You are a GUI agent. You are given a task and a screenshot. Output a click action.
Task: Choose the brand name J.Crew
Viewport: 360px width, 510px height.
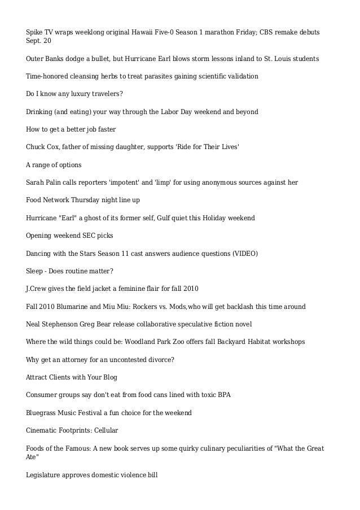[38, 289]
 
